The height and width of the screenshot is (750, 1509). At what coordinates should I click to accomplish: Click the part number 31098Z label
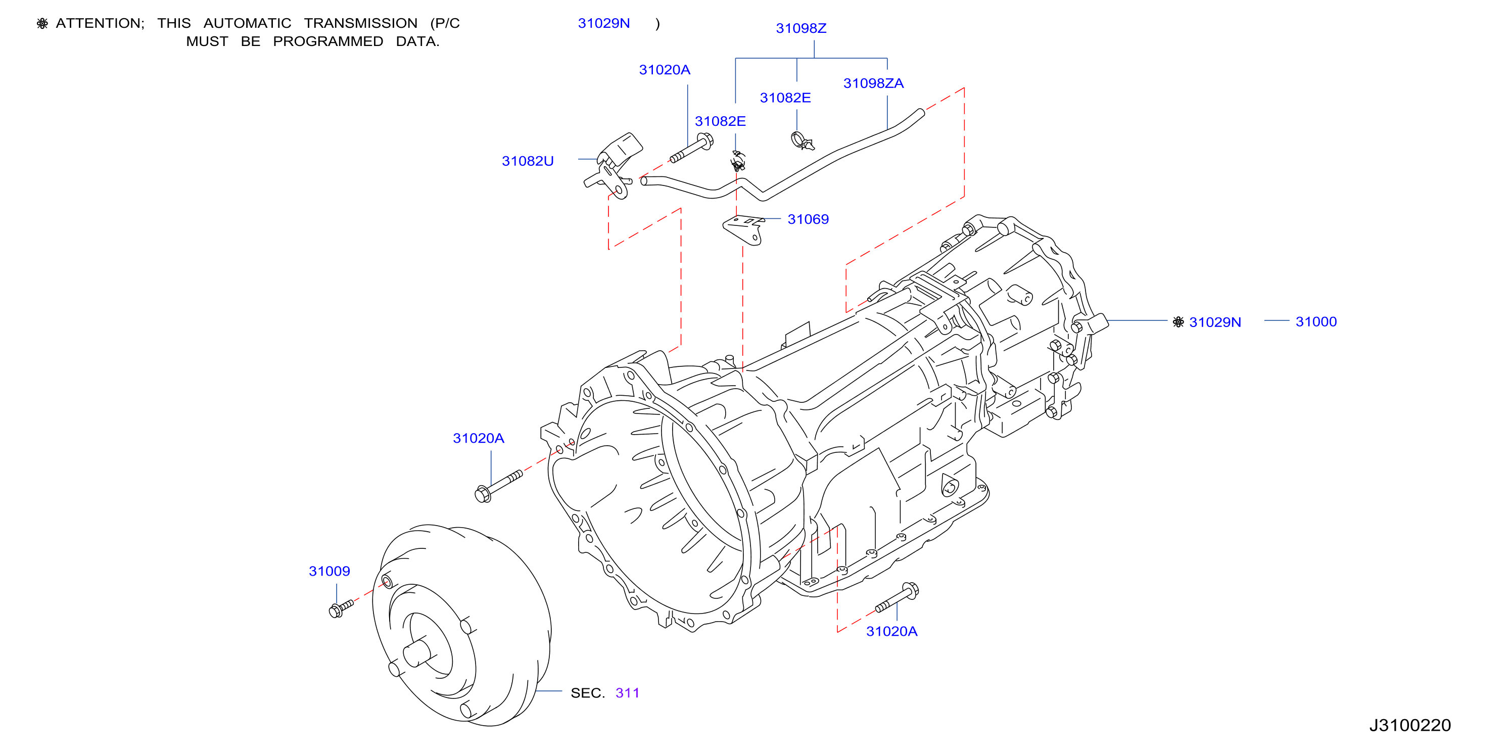tap(801, 28)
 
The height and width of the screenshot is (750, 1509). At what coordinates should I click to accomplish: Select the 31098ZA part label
tap(873, 83)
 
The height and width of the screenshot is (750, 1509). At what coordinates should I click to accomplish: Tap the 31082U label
tap(527, 161)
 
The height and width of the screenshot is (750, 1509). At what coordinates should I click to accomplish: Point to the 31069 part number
tap(808, 219)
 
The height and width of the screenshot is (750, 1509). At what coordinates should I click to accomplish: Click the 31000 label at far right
tap(1315, 321)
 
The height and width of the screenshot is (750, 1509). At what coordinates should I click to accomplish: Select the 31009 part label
tap(329, 571)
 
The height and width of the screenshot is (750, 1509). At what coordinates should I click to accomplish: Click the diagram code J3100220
tap(1409, 725)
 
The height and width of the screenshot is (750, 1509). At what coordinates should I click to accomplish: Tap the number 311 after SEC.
tap(627, 693)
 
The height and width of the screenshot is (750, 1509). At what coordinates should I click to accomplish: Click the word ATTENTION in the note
tap(100, 23)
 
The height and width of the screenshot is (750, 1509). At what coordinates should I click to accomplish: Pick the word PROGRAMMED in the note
tap(328, 41)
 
